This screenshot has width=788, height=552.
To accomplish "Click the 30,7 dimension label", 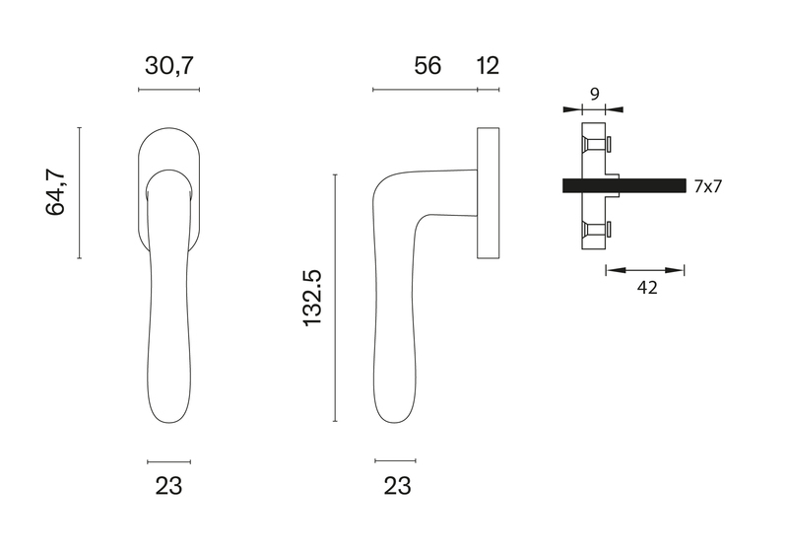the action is tap(168, 66).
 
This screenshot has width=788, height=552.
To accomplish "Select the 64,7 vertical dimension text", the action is tap(56, 193).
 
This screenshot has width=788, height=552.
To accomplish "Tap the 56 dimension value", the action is tap(427, 66).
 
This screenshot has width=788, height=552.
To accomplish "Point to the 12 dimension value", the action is tap(488, 66).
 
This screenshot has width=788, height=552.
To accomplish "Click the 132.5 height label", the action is tap(312, 298).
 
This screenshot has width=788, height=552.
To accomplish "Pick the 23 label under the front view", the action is tap(168, 486).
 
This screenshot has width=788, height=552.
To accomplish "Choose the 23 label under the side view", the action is tap(397, 486).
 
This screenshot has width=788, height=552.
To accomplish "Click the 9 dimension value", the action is tap(595, 94).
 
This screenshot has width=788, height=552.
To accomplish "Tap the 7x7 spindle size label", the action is tap(707, 186).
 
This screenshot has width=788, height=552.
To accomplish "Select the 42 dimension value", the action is tap(647, 288).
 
